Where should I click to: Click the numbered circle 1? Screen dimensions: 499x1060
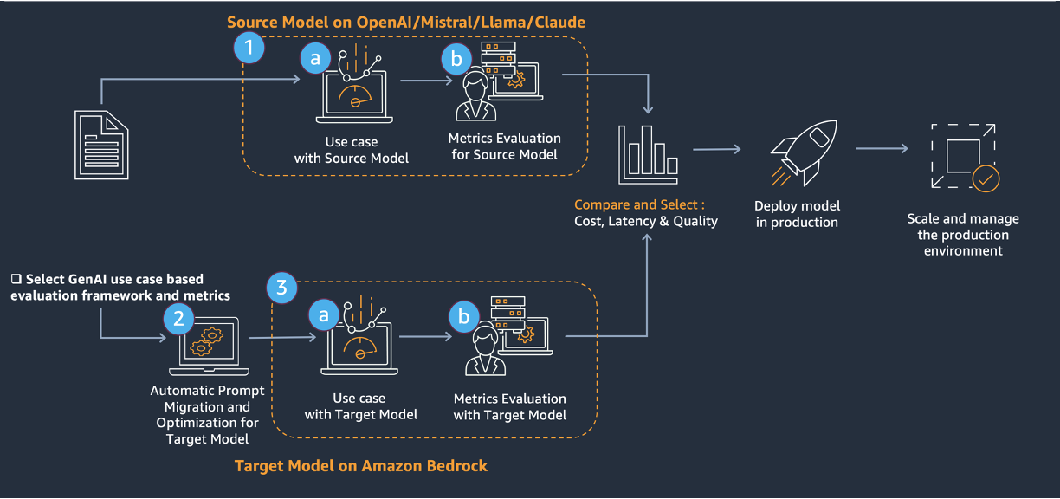[249, 48]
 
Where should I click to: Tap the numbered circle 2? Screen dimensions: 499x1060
[179, 318]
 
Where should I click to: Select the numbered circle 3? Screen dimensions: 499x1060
[281, 288]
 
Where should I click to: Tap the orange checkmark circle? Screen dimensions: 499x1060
[986, 179]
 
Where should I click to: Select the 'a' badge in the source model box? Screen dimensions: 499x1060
[315, 58]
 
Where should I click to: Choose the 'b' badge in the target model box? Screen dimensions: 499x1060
[463, 317]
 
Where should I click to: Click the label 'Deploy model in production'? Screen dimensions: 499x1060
[796, 214]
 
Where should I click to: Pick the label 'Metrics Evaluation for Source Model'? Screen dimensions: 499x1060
[504, 146]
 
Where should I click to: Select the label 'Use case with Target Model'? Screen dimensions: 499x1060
[360, 406]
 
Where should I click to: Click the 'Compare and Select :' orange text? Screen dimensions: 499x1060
[639, 204]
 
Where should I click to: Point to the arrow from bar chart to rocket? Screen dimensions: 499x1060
[716, 149]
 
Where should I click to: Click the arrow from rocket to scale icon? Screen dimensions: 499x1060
[882, 149]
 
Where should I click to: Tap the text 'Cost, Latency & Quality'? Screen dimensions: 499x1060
[646, 221]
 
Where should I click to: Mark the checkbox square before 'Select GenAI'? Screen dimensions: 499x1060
[16, 280]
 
